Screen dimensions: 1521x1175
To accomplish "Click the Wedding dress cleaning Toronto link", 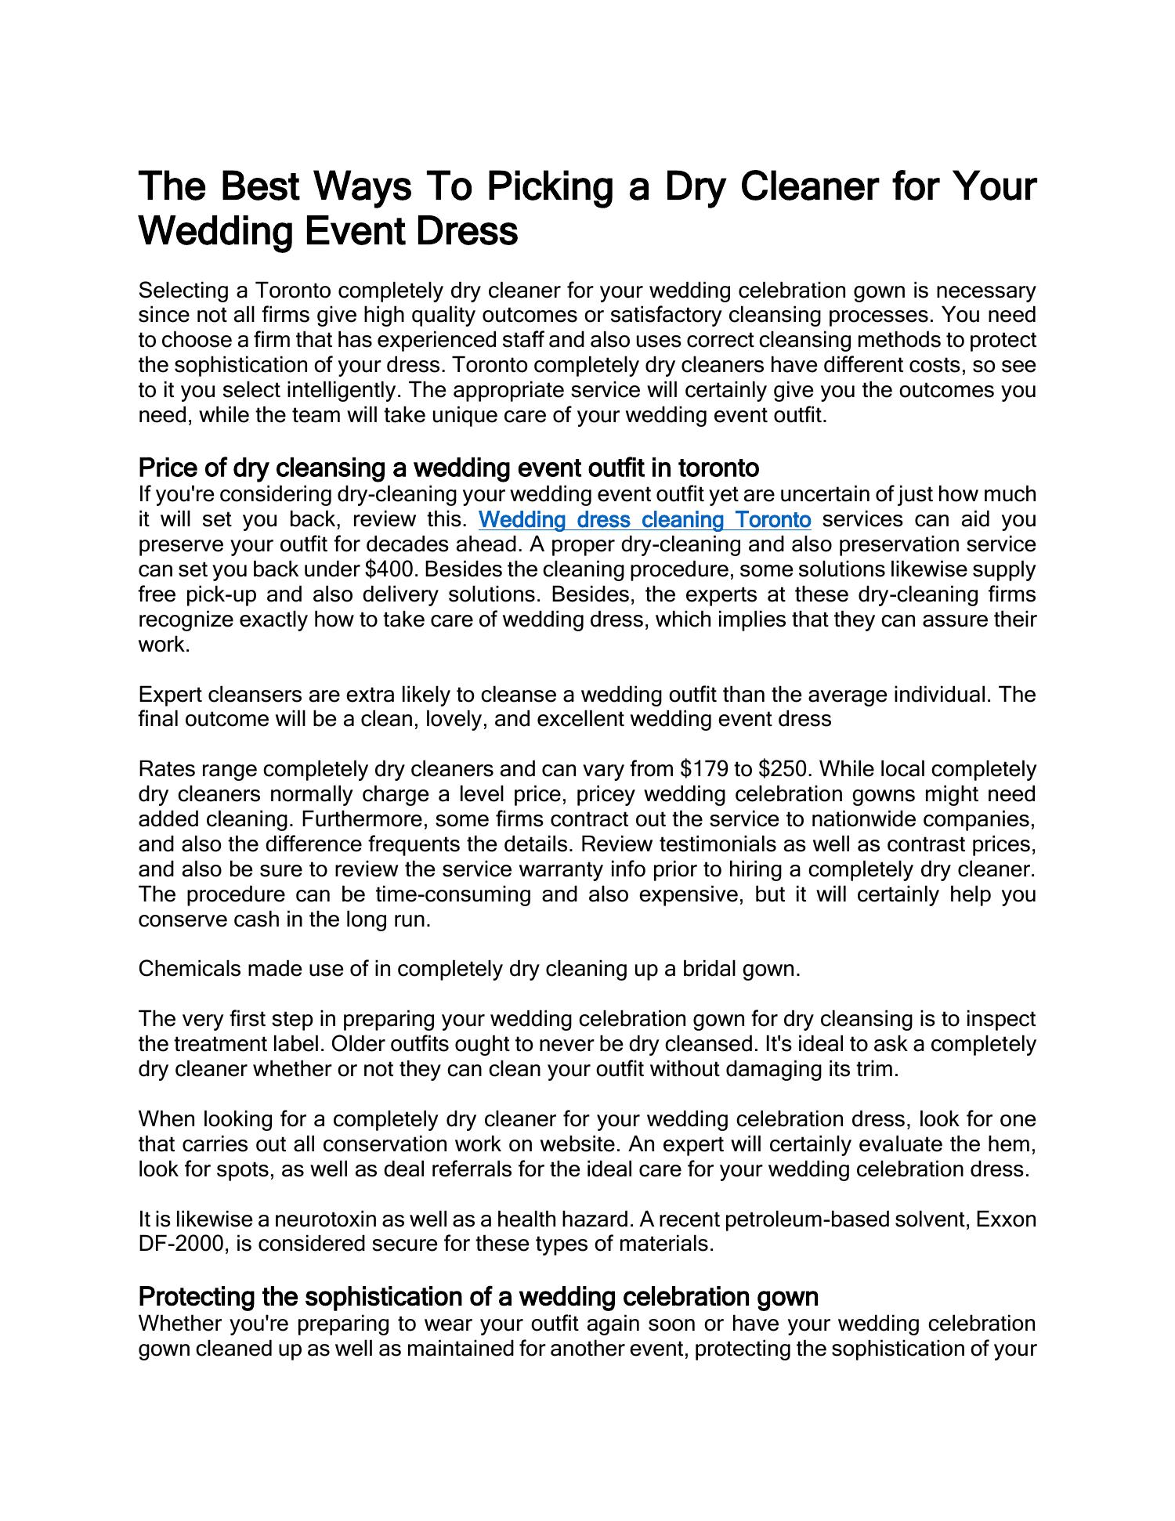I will coord(644,520).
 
